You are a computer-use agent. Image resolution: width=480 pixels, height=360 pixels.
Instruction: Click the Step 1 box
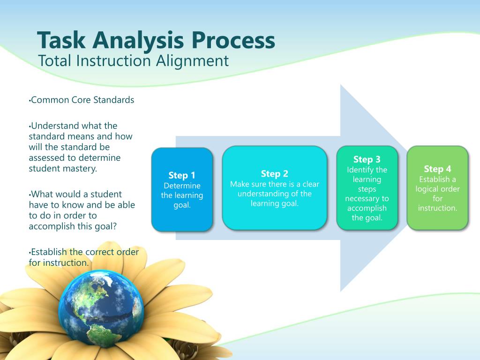pyautogui.click(x=182, y=189)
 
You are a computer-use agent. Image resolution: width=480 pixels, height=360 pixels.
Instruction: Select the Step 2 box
pyautogui.click(x=274, y=187)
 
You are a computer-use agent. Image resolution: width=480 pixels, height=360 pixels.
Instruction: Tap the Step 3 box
pyautogui.click(x=367, y=187)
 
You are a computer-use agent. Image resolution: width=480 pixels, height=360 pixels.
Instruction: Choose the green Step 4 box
pyautogui.click(x=437, y=187)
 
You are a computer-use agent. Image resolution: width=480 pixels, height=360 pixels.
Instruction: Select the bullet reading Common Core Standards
pyautogui.click(x=82, y=100)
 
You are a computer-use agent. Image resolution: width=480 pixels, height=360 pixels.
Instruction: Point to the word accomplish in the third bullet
pyautogui.click(x=52, y=226)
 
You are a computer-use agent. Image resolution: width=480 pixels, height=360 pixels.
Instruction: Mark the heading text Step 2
pyautogui.click(x=274, y=174)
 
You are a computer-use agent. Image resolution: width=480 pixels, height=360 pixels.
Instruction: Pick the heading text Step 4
pyautogui.click(x=437, y=169)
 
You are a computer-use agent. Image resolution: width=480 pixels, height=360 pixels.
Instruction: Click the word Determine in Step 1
pyautogui.click(x=182, y=186)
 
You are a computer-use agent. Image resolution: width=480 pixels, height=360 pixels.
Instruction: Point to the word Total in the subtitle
pyautogui.click(x=55, y=61)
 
